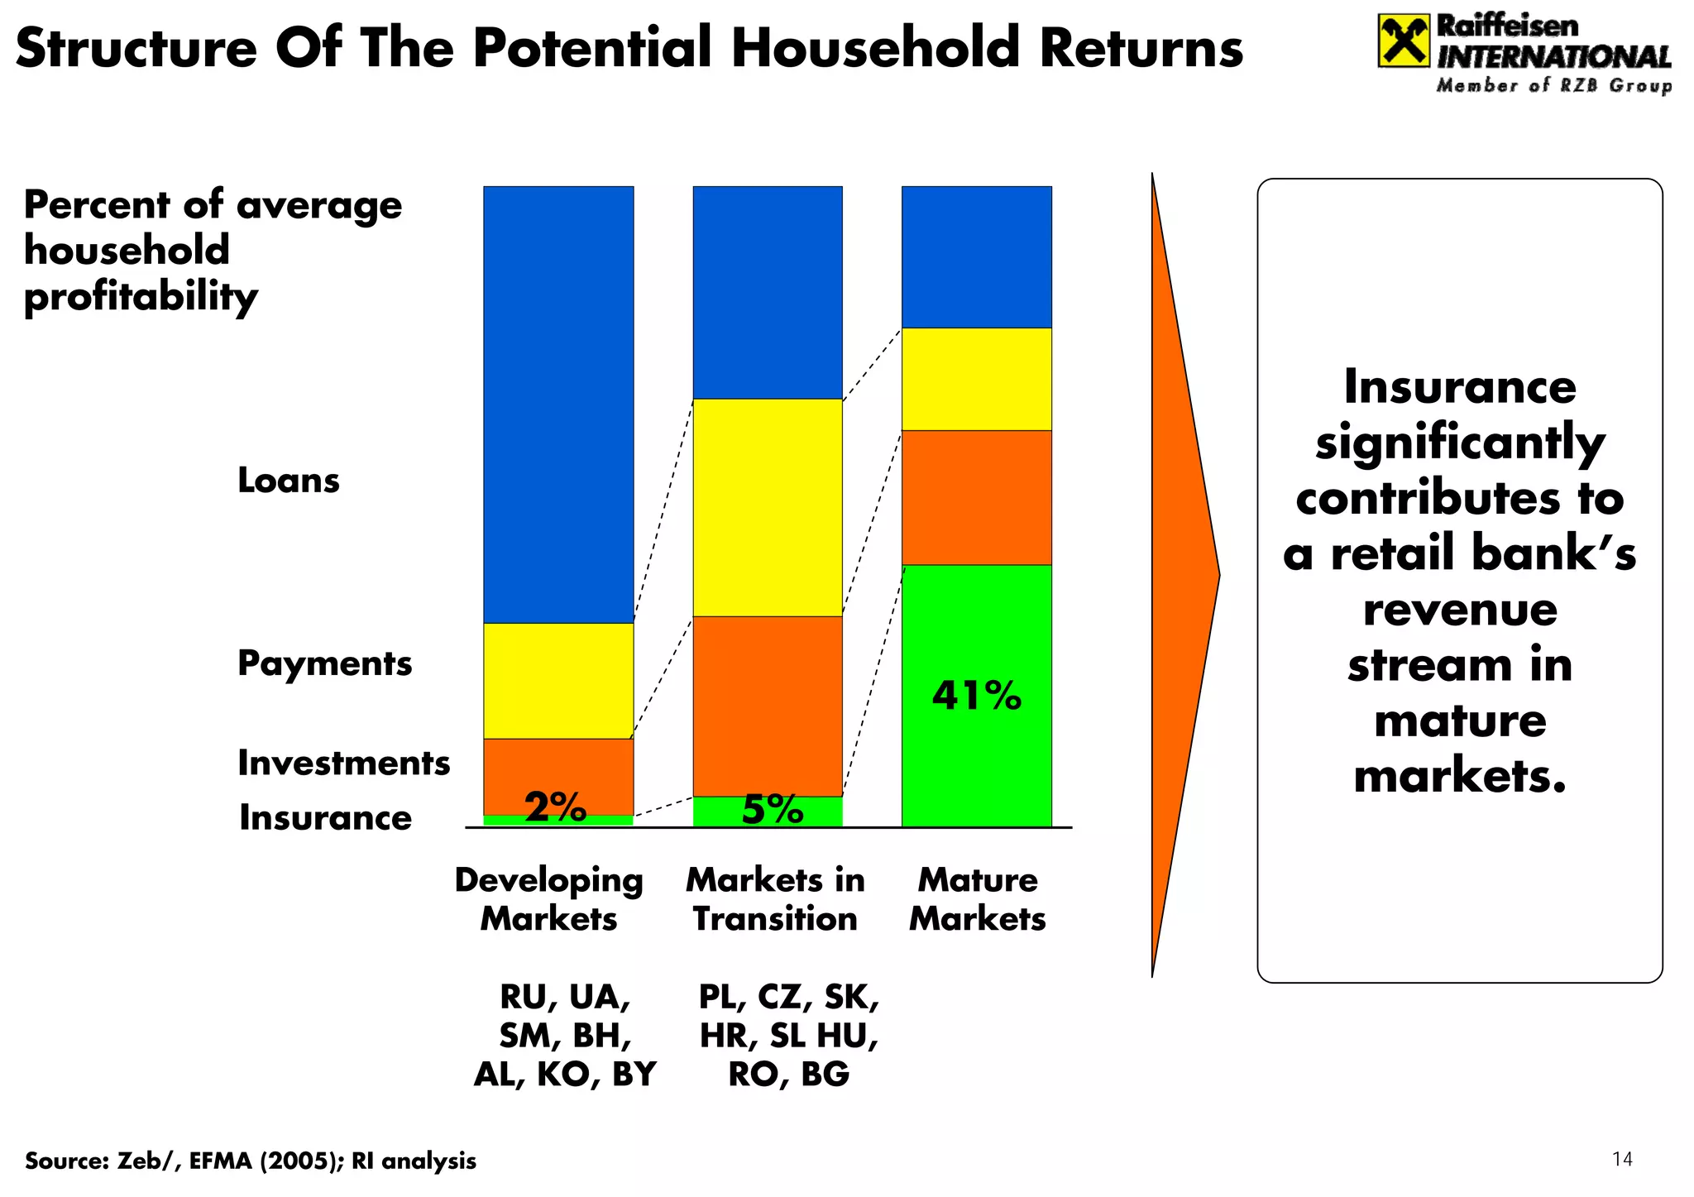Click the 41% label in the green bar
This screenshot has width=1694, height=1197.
(x=976, y=696)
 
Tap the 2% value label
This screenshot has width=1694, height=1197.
(x=556, y=807)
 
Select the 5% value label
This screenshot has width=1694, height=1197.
(x=773, y=809)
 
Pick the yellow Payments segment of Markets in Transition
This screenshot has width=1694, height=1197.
(x=768, y=507)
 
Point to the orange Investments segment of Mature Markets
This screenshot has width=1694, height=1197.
(x=976, y=497)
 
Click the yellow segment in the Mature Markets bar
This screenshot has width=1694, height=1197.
(x=976, y=379)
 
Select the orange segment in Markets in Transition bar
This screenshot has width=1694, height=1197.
(x=768, y=706)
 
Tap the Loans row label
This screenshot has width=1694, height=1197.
(x=288, y=481)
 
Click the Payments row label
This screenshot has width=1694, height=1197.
(x=324, y=663)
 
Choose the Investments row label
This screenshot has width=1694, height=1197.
(x=343, y=763)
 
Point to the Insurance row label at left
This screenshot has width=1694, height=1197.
(x=325, y=817)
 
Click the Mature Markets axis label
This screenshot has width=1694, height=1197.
(x=977, y=898)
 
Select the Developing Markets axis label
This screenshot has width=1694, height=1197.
(x=548, y=898)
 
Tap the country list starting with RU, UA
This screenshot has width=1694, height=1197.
(x=565, y=1035)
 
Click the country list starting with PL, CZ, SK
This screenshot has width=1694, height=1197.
(x=788, y=1035)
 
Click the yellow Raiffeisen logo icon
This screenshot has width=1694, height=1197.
(x=1403, y=41)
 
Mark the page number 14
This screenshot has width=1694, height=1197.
(x=1622, y=1159)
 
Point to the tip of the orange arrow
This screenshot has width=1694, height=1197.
(x=1218, y=576)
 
